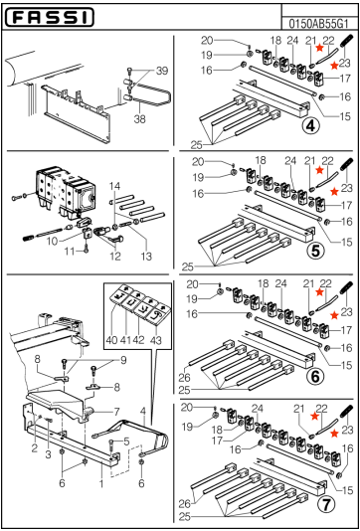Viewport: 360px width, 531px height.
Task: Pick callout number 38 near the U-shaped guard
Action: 140,117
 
